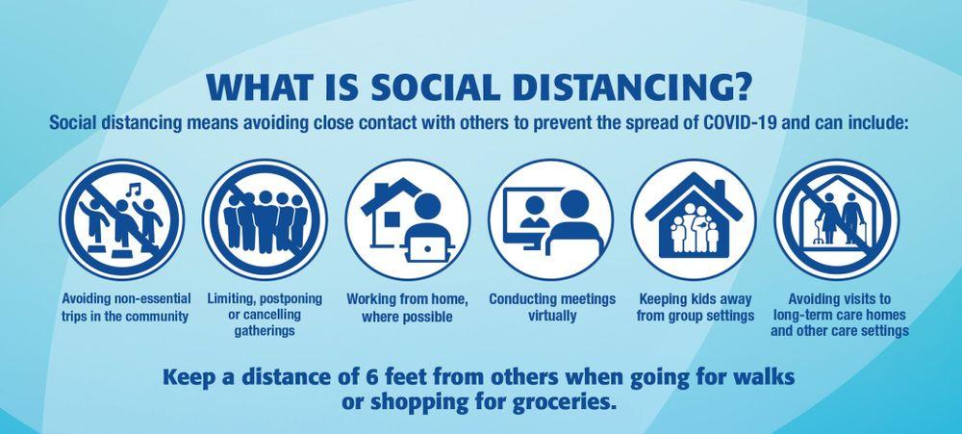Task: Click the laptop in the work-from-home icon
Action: (428, 250)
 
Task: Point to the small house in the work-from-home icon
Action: (386, 215)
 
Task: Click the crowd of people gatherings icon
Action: (266, 219)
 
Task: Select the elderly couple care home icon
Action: (836, 219)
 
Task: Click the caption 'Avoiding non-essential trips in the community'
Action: (126, 308)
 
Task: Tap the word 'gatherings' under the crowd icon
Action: (265, 331)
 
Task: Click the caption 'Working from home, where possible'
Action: (407, 308)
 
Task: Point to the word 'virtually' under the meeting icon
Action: (552, 317)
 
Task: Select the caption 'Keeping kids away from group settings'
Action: (696, 308)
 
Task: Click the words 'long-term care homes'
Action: (839, 315)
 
